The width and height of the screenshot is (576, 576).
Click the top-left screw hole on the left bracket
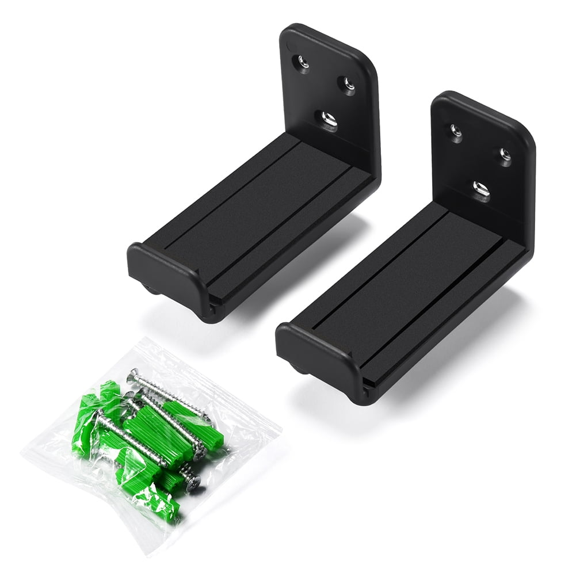303,61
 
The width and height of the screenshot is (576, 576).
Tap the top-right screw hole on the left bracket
346,85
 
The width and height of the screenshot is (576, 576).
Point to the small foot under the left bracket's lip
153,288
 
